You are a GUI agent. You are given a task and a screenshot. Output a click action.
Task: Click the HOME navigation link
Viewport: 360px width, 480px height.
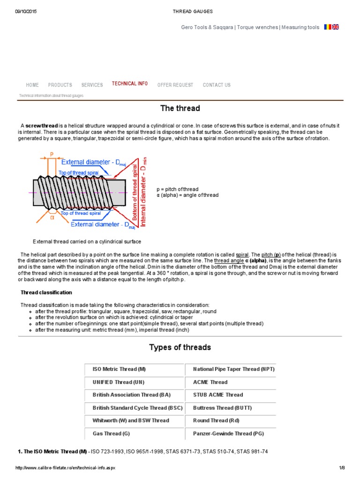click(x=32, y=85)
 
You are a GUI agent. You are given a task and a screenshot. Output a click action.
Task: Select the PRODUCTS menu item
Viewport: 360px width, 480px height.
click(x=60, y=85)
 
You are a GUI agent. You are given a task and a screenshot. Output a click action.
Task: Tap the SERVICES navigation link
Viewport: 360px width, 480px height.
click(x=92, y=85)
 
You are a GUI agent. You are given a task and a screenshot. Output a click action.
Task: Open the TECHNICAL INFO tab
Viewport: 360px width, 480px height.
click(x=130, y=83)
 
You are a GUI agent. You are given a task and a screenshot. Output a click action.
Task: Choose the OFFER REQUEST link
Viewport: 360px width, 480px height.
click(x=175, y=85)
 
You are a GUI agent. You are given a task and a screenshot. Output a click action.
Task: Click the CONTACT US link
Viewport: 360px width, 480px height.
click(x=217, y=85)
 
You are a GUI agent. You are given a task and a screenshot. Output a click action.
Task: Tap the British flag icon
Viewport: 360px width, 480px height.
click(x=336, y=27)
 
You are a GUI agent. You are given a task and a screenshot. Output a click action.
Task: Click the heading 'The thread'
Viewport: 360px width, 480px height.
click(x=180, y=108)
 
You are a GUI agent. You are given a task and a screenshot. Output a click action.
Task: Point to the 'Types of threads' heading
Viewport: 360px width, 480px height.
click(x=180, y=347)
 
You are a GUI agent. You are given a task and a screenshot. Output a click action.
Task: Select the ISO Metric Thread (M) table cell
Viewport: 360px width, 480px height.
click(x=120, y=369)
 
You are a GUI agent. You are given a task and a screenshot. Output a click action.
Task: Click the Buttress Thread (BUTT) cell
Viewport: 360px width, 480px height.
click(x=222, y=408)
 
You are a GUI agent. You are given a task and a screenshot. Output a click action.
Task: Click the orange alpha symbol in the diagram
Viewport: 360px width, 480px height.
click(x=52, y=217)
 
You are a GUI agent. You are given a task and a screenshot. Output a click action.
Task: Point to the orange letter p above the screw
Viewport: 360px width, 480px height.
click(x=52, y=154)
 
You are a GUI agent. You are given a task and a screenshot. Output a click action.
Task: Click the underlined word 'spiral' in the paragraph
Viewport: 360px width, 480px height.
click(x=242, y=254)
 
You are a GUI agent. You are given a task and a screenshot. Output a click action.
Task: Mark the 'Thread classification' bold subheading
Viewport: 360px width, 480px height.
click(x=46, y=292)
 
